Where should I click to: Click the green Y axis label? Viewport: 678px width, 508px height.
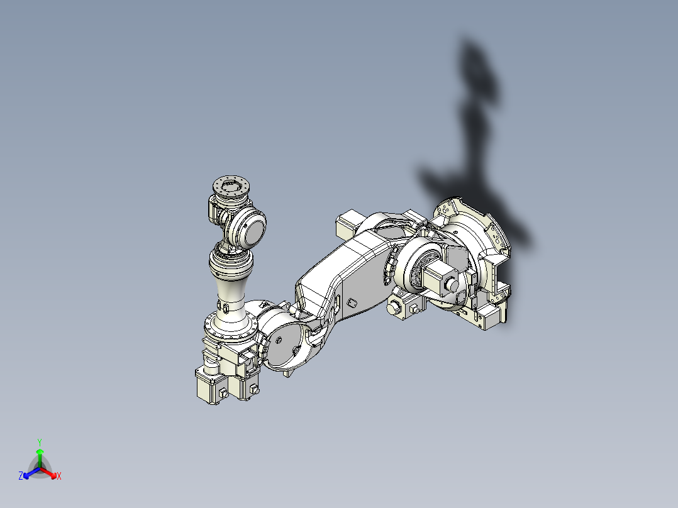[40, 441]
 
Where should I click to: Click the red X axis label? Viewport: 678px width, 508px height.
[59, 477]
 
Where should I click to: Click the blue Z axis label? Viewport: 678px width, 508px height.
[21, 477]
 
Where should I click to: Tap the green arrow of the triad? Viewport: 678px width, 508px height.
[40, 454]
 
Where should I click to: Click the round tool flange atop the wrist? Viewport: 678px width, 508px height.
[231, 185]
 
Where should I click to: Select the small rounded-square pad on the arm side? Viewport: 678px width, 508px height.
[352, 303]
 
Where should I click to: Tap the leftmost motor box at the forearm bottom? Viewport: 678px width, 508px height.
[209, 385]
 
